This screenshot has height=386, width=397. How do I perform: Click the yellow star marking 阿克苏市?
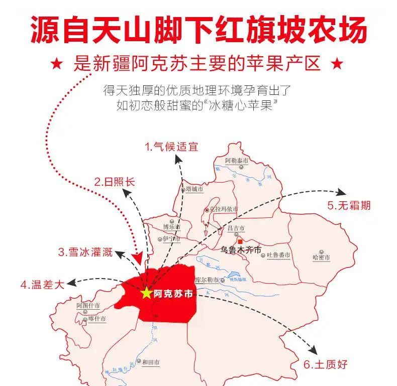[x=146, y=293]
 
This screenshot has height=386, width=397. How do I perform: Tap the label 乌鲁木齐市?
[x=241, y=249]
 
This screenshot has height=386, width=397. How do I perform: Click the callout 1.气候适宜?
[x=171, y=147]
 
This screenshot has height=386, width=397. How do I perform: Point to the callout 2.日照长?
[x=115, y=182]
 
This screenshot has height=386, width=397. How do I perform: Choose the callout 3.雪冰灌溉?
[x=85, y=252]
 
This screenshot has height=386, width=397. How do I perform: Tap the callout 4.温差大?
[x=42, y=285]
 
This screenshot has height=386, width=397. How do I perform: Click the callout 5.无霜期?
[x=349, y=205]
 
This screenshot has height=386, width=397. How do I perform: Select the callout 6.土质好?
[x=325, y=364]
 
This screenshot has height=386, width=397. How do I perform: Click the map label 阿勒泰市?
[x=237, y=161]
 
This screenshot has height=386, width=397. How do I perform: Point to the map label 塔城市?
[x=193, y=189]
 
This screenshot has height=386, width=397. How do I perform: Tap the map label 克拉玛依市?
[x=224, y=209]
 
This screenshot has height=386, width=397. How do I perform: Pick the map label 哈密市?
[x=321, y=258]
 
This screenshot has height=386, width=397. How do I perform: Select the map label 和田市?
[x=151, y=361]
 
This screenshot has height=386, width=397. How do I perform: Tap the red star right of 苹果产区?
[x=338, y=64]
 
